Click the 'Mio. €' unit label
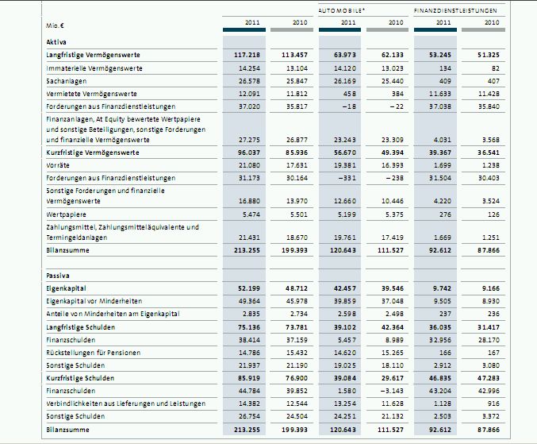point(55,25)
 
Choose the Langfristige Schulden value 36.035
point(439,326)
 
